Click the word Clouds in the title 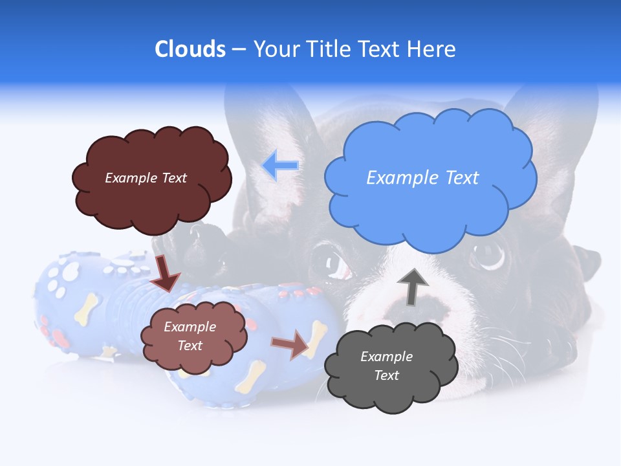(x=190, y=49)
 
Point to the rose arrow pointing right (x=290, y=345)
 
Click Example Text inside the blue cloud (x=422, y=177)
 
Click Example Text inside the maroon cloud (x=146, y=178)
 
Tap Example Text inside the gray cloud (x=386, y=366)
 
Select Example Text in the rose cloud (x=190, y=337)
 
